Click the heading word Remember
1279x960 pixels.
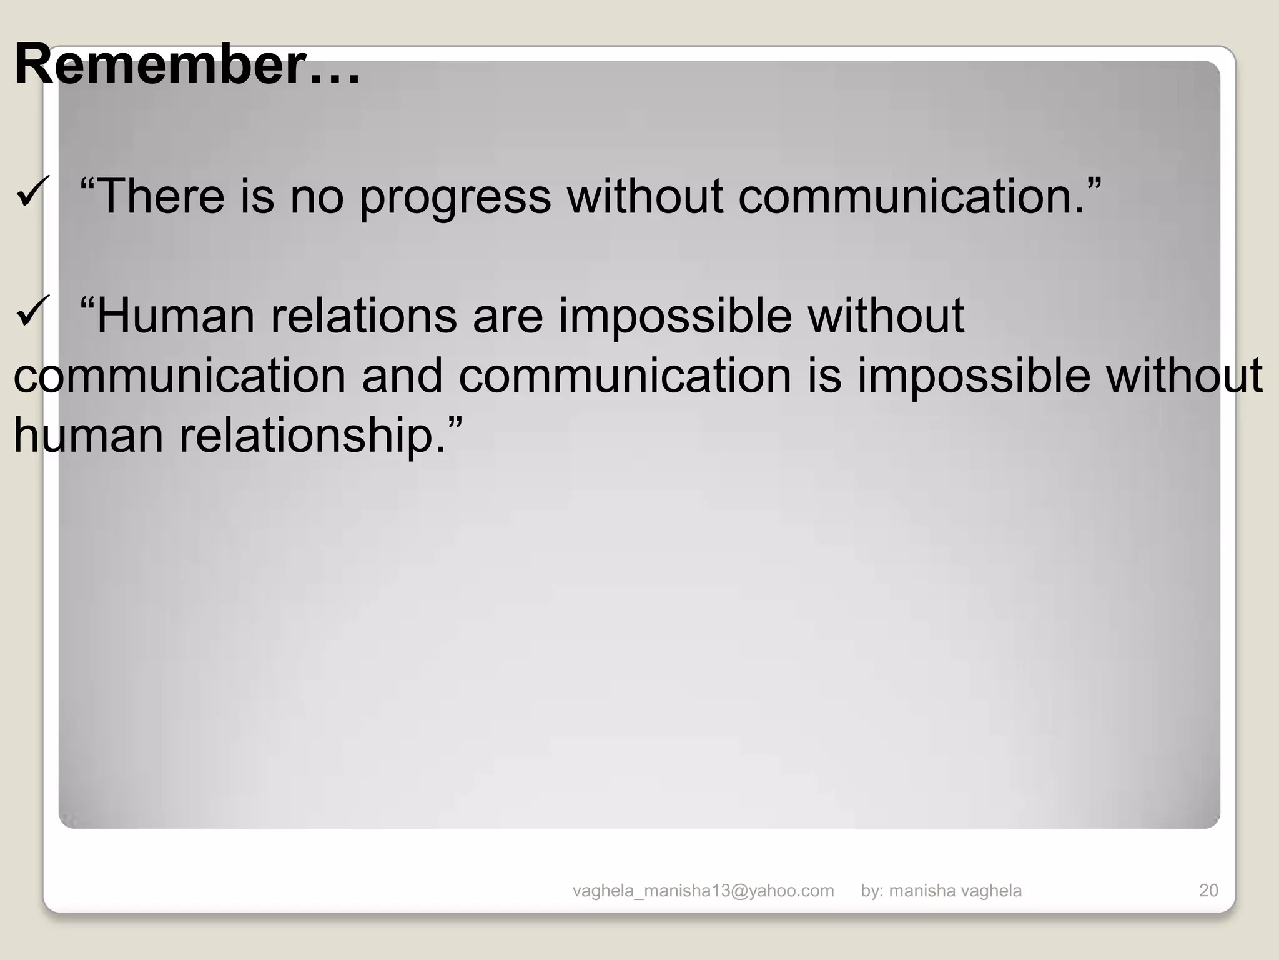point(160,64)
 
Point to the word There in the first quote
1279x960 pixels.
point(161,196)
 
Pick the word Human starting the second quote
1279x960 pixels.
point(176,316)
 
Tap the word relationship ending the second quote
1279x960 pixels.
point(304,436)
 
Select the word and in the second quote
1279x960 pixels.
point(402,376)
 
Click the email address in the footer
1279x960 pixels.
point(703,891)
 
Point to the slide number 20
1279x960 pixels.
point(1208,891)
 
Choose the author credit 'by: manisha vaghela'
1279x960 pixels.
point(941,891)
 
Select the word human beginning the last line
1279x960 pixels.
point(88,436)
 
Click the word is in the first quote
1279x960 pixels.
point(257,196)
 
